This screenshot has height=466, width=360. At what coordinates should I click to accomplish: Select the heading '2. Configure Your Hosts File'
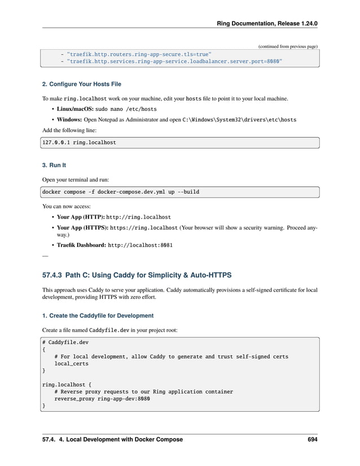[x=82, y=84]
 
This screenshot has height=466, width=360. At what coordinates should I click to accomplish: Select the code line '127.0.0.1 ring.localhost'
[x=80, y=143]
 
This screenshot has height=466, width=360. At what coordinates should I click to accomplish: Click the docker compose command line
[x=121, y=192]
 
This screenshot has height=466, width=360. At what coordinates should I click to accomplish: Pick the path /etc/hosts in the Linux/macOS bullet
[x=139, y=109]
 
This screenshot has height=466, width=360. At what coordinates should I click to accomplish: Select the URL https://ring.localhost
[x=144, y=228]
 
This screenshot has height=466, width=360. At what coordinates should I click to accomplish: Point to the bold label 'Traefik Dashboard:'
[x=81, y=246]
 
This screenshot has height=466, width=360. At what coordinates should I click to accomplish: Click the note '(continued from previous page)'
[x=288, y=46]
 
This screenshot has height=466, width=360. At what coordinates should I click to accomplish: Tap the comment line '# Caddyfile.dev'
[x=65, y=342]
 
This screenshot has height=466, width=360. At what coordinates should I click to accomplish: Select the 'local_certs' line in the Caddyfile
[x=72, y=364]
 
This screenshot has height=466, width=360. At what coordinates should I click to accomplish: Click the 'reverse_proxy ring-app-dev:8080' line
[x=102, y=398]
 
